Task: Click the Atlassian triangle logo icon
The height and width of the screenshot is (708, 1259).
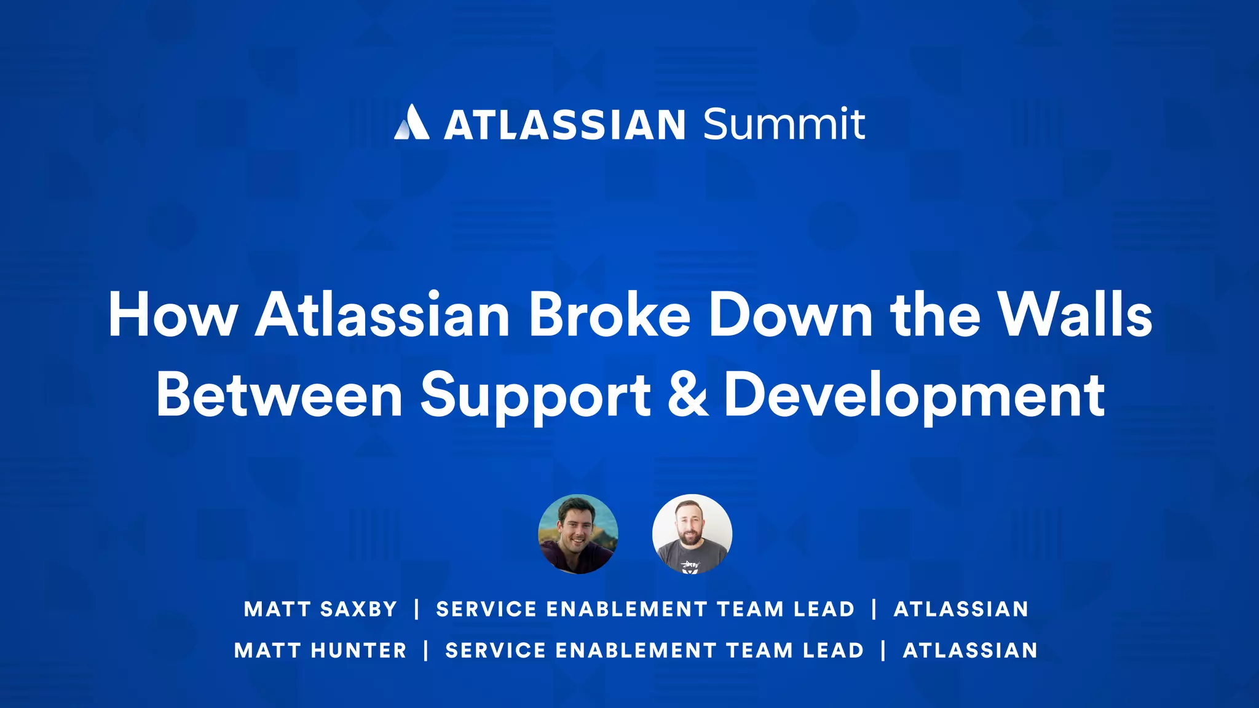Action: tap(412, 122)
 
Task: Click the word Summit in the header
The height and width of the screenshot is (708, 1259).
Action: tap(784, 124)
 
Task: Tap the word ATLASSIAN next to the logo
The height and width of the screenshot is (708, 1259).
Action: tap(564, 125)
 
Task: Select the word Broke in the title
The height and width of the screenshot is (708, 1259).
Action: tap(609, 314)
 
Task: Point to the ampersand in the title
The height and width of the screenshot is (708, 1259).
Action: tap(687, 394)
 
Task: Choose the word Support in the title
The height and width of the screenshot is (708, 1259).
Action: tap(535, 396)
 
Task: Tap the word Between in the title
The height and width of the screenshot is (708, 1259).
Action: tap(279, 394)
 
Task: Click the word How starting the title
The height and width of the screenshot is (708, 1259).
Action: tap(173, 315)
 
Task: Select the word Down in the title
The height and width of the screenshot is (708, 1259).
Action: tap(790, 314)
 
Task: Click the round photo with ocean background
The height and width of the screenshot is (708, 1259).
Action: tap(578, 534)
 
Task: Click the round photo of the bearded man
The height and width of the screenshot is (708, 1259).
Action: tap(692, 534)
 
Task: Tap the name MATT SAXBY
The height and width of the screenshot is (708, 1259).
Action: tap(320, 609)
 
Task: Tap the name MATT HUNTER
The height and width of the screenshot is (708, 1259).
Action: tap(320, 650)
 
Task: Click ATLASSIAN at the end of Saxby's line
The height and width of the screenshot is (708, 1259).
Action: tap(961, 609)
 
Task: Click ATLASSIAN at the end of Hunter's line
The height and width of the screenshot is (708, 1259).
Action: tap(970, 650)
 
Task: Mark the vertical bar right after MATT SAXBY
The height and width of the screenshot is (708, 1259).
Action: tap(417, 609)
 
